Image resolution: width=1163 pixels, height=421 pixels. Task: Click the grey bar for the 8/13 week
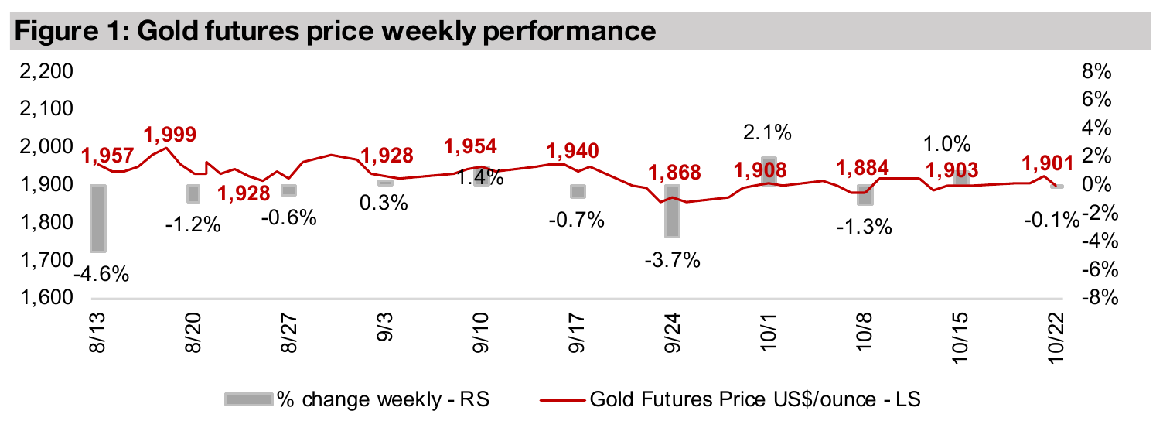click(98, 217)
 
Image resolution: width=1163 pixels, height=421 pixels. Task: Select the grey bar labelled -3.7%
click(673, 210)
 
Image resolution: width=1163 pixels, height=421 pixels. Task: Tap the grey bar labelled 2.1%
click(769, 170)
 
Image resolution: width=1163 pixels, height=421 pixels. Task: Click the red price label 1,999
click(170, 133)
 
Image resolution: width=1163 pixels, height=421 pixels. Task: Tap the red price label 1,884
click(864, 166)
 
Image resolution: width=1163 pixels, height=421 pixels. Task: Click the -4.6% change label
click(101, 274)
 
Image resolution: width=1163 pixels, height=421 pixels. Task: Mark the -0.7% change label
click(575, 221)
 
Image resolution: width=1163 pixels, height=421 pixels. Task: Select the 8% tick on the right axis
click(1093, 72)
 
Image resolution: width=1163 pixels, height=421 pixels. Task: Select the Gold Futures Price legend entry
click(755, 399)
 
